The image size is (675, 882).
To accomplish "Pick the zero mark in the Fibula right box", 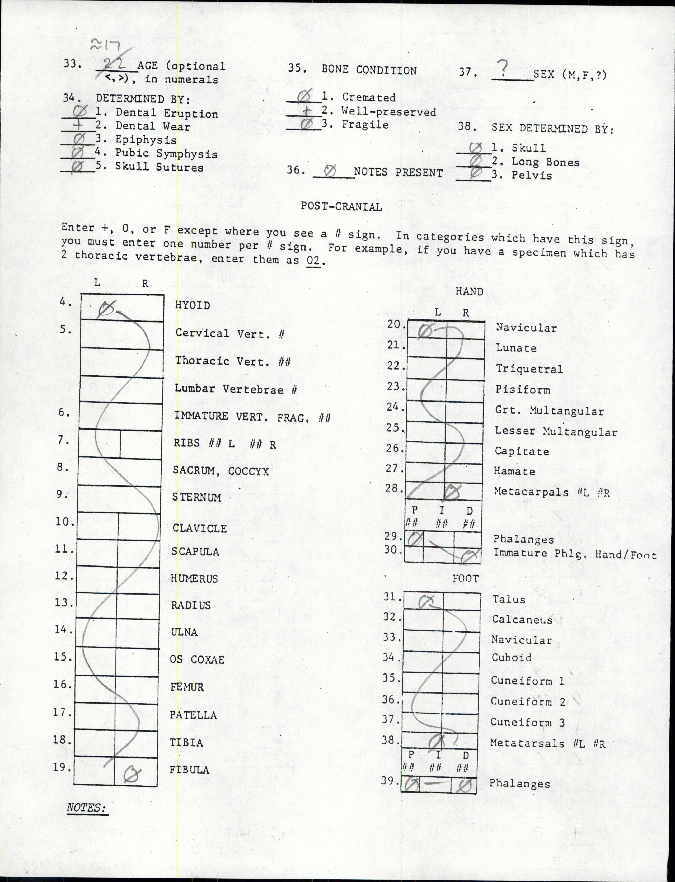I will pos(132,773).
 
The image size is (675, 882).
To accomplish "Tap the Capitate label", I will pos(522,451).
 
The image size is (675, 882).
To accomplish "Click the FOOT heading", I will pos(465,578).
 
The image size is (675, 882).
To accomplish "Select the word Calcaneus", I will pos(522,620).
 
